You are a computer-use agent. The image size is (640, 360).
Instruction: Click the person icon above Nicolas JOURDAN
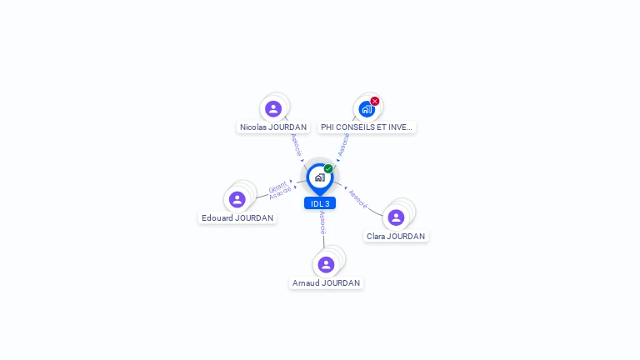click(x=273, y=109)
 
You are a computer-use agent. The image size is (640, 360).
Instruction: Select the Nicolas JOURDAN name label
click(x=273, y=127)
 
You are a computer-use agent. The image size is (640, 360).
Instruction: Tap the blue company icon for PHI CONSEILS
click(x=366, y=109)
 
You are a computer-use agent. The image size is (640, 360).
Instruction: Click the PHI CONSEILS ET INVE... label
click(x=367, y=127)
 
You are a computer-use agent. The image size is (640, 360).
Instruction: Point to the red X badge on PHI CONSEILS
click(x=375, y=101)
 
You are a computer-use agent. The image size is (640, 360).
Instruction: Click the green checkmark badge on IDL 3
click(x=328, y=168)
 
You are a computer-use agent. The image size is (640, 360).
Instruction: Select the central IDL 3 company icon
click(x=319, y=177)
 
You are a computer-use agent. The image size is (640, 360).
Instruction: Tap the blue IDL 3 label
click(x=320, y=203)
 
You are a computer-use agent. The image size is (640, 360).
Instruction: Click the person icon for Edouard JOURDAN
click(x=237, y=199)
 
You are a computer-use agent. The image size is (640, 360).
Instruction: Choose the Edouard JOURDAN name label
click(x=237, y=218)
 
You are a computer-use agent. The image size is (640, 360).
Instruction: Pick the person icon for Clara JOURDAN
click(x=396, y=217)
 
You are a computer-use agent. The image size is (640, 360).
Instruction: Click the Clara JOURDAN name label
click(x=396, y=237)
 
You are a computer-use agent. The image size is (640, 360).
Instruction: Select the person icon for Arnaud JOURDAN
click(x=326, y=265)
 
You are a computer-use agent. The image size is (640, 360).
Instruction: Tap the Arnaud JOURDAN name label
click(x=326, y=283)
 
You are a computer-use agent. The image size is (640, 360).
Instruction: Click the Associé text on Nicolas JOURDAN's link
click(x=295, y=144)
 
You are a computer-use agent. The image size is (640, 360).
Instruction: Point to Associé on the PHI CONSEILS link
click(x=343, y=144)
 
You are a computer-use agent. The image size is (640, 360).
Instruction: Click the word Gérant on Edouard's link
click(x=277, y=187)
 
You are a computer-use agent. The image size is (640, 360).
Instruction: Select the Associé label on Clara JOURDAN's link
click(x=358, y=198)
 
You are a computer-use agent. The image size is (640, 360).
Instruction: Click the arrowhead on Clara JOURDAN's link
click(x=345, y=187)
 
